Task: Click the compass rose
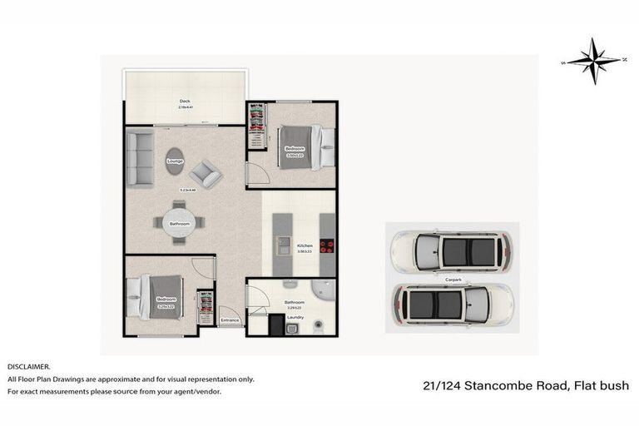click(593, 62)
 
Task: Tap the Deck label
click(185, 102)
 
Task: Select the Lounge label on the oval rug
click(175, 161)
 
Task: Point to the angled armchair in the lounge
click(205, 174)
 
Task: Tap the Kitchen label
click(305, 247)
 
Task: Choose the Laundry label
click(295, 316)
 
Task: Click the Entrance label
click(230, 320)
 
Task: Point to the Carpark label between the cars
click(453, 279)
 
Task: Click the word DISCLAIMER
click(28, 366)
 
